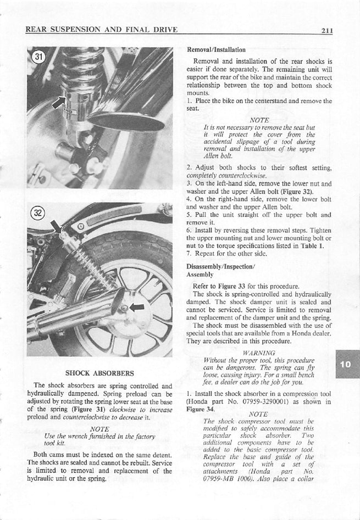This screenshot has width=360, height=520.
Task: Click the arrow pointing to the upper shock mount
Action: point(56,226)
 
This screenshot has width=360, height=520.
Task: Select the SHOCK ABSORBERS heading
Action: point(99,373)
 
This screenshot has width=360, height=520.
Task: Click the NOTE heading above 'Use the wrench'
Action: point(99,429)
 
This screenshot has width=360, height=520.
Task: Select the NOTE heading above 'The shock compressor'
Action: point(258,414)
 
